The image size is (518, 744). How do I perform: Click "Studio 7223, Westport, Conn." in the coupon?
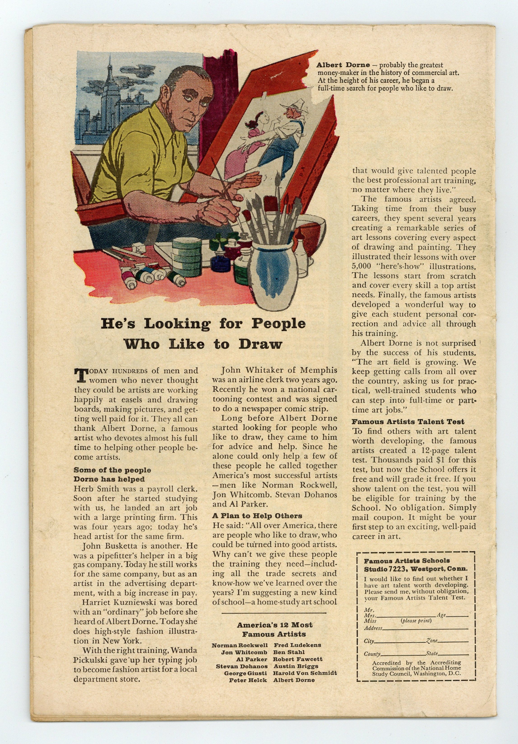[x=415, y=569]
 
